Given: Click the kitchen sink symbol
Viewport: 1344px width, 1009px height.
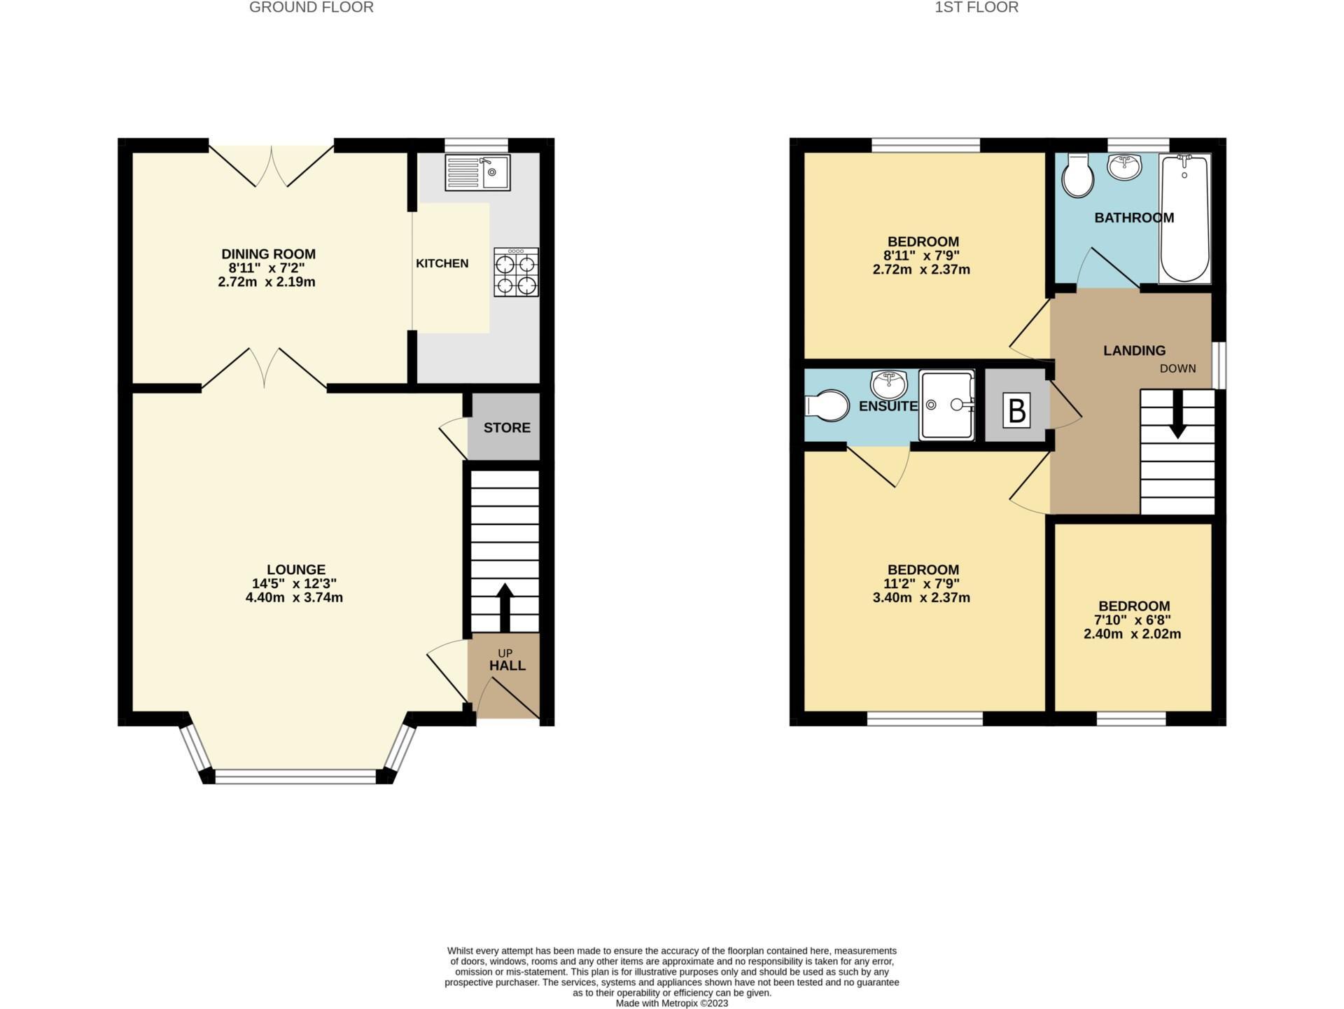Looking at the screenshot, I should (x=478, y=172).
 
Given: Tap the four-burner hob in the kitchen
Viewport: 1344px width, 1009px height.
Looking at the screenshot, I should (x=516, y=272).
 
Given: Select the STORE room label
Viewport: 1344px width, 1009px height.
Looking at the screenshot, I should (x=507, y=428).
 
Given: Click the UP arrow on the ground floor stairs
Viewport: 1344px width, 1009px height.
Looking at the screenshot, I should (x=504, y=606).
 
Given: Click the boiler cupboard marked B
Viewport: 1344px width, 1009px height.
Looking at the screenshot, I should (x=1016, y=410).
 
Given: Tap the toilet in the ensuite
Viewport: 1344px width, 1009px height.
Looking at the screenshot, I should (x=827, y=405).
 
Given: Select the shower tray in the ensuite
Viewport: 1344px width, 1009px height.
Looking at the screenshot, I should (x=946, y=405).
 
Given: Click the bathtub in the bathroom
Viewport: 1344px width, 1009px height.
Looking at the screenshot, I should (x=1184, y=218).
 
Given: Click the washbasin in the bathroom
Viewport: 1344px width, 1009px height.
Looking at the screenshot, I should (x=1125, y=167).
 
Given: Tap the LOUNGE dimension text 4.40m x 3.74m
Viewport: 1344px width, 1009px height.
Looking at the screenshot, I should (x=294, y=598).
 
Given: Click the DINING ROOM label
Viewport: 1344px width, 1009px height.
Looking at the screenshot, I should (x=268, y=254).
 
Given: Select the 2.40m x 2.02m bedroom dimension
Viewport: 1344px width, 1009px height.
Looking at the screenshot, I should (x=1132, y=634).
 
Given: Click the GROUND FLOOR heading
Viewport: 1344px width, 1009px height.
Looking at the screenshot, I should (x=311, y=8).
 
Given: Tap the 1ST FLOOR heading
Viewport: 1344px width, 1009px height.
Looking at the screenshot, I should (x=976, y=8).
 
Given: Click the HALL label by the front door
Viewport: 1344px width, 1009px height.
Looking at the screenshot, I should (x=507, y=666).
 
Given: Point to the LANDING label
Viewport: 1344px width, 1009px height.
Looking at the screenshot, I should (x=1134, y=351).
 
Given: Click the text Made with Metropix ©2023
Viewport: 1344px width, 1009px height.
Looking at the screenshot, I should (x=671, y=1003).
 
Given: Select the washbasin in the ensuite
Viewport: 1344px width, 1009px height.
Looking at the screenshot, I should (x=888, y=384).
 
